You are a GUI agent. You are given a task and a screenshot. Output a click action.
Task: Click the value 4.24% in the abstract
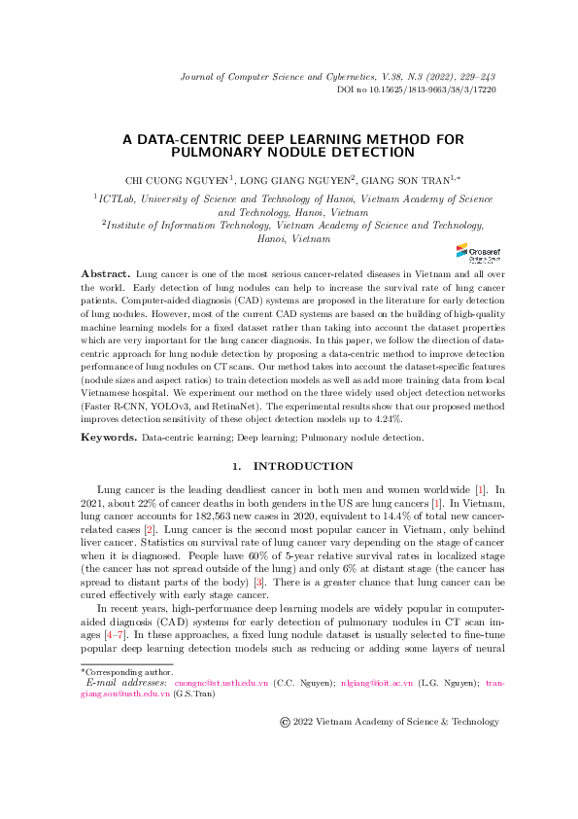point(389,418)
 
